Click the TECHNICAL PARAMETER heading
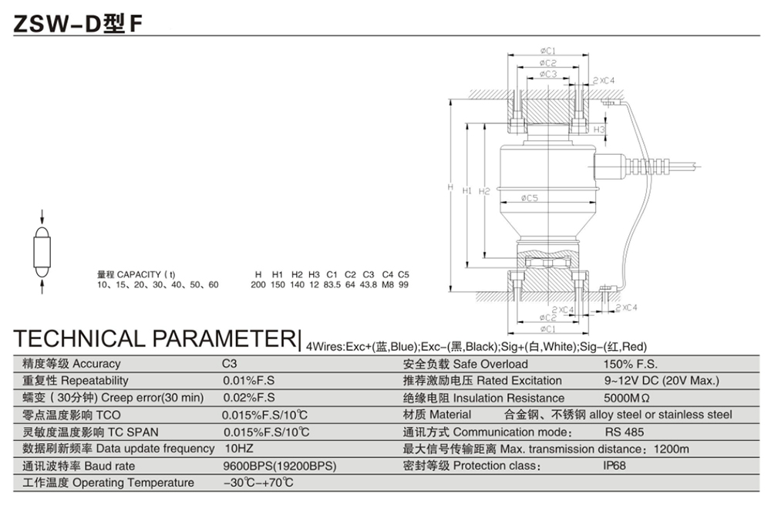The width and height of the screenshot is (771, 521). tap(154, 338)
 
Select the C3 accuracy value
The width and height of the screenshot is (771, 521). tap(230, 364)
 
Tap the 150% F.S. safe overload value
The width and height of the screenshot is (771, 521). tap(630, 364)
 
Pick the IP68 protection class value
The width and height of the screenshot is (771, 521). tap(615, 466)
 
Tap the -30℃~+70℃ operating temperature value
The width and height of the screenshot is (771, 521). tap(258, 483)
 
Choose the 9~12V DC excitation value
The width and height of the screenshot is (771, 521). tap(661, 381)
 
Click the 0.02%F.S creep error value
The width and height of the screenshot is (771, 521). tap(249, 398)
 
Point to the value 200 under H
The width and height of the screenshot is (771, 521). tap(258, 285)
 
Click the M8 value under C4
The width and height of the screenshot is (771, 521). tap(388, 285)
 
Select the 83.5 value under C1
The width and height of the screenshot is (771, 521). tap(333, 285)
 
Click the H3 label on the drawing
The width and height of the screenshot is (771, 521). tap(600, 129)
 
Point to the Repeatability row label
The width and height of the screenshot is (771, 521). tap(75, 381)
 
